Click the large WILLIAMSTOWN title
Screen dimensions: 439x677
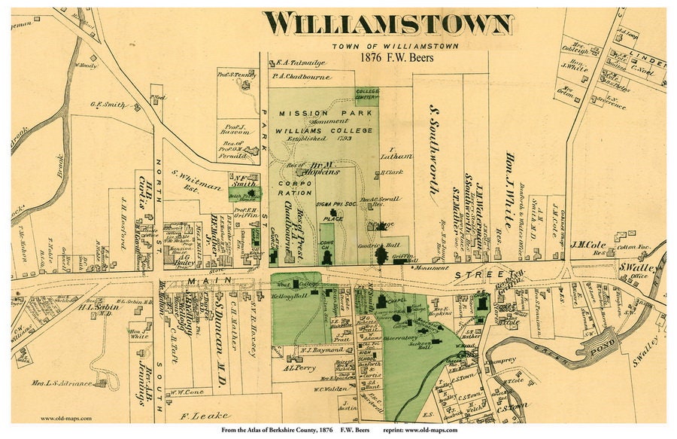pyautogui.click(x=388, y=23)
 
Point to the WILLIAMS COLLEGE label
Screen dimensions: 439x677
pyautogui.click(x=313, y=130)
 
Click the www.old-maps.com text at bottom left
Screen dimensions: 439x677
pyautogui.click(x=66, y=419)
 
